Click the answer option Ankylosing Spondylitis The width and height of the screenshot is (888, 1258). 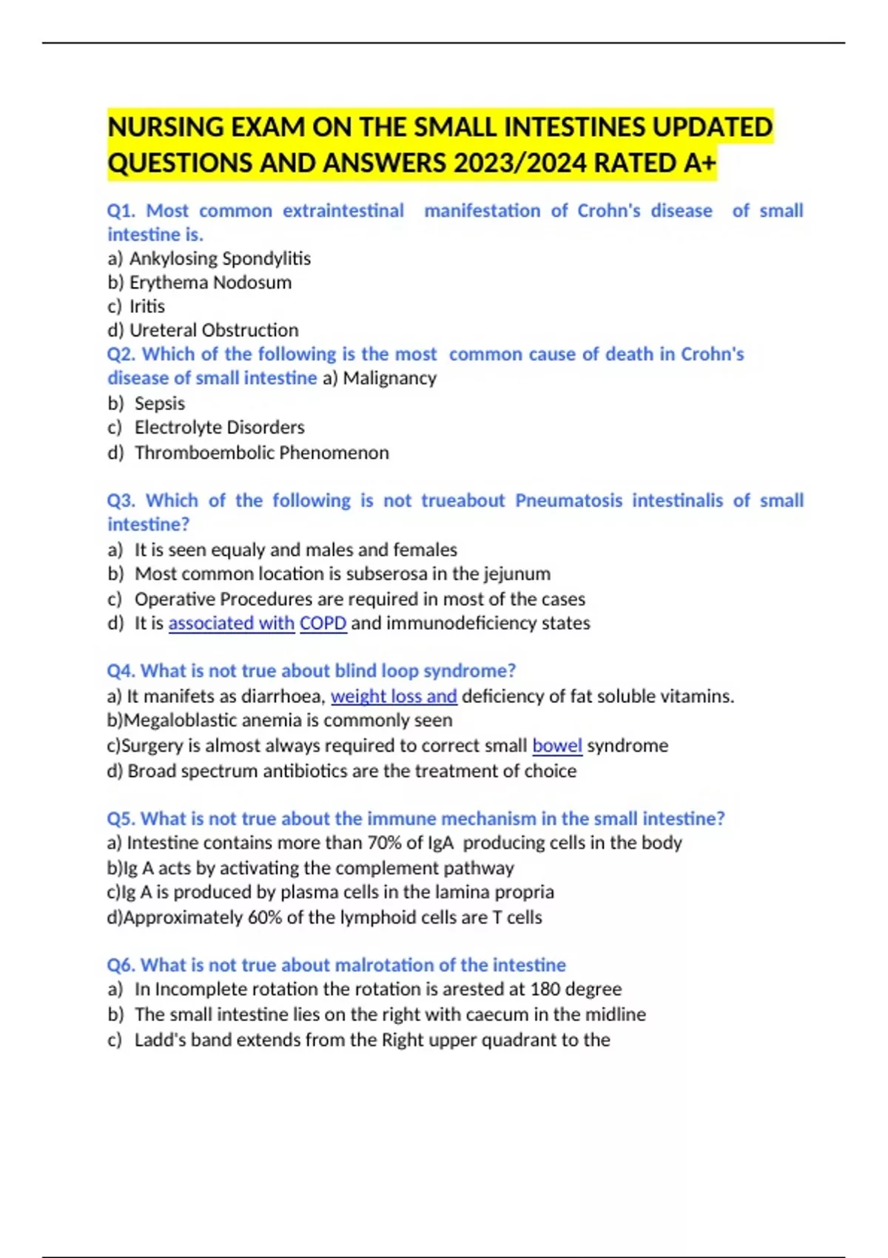(220, 258)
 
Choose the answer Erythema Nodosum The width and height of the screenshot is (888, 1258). (210, 283)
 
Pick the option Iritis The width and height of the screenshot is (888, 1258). (147, 306)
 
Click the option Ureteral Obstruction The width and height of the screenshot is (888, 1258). (214, 330)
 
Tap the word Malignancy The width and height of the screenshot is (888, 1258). (389, 378)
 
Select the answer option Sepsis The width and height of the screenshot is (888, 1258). (160, 403)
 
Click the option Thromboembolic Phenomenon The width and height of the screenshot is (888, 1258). (261, 452)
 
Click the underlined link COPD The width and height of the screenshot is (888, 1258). (323, 623)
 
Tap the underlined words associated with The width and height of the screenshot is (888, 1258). (231, 623)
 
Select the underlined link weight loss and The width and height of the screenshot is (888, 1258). (394, 696)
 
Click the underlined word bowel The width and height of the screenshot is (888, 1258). (557, 745)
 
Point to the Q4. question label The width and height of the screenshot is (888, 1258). (121, 670)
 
